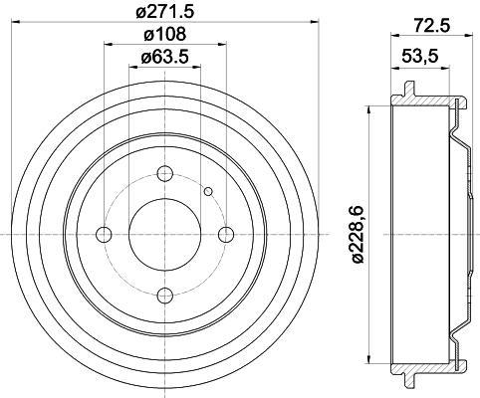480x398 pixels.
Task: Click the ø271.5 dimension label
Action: [164, 12]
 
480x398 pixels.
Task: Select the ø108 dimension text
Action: [164, 34]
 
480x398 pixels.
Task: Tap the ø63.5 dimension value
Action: [164, 57]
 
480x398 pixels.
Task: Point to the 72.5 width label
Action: [433, 25]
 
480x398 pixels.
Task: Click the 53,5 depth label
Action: [420, 56]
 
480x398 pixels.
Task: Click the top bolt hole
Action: [165, 173]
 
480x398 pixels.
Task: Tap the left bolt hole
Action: [104, 235]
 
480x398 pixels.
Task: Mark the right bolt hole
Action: [226, 235]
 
